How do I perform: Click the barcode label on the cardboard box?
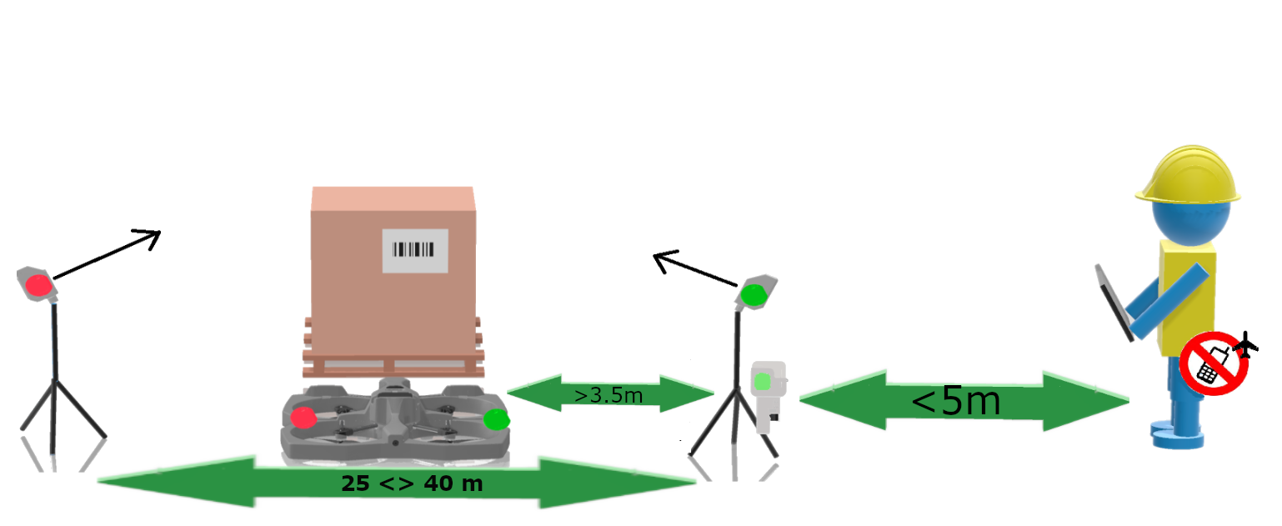[x=415, y=250]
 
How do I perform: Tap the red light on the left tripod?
[x=38, y=286]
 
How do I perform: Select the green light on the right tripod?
[x=753, y=294]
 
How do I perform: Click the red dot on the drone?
[x=303, y=418]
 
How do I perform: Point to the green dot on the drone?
[x=496, y=419]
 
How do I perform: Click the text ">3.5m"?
[x=609, y=394]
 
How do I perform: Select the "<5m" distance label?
[x=955, y=401]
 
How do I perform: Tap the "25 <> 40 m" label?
[x=412, y=483]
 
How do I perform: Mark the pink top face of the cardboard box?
[x=393, y=198]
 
